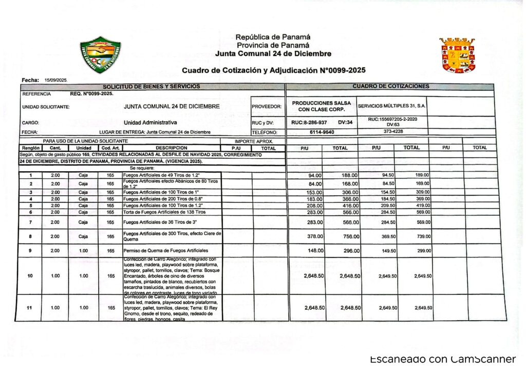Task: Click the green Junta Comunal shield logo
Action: click(x=101, y=54)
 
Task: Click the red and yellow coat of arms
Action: click(x=457, y=54)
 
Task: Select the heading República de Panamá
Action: click(x=273, y=37)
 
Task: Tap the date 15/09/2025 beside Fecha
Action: click(x=56, y=81)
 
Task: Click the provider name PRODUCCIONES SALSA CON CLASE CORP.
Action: click(x=322, y=106)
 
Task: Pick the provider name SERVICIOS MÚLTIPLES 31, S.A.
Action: click(x=392, y=106)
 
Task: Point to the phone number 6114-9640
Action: click(x=322, y=132)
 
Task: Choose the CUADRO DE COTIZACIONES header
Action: click(x=391, y=86)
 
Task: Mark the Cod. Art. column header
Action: click(x=110, y=148)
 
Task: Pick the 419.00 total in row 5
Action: click(x=422, y=204)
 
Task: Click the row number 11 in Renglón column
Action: click(x=30, y=308)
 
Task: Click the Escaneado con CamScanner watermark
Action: click(x=442, y=359)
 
